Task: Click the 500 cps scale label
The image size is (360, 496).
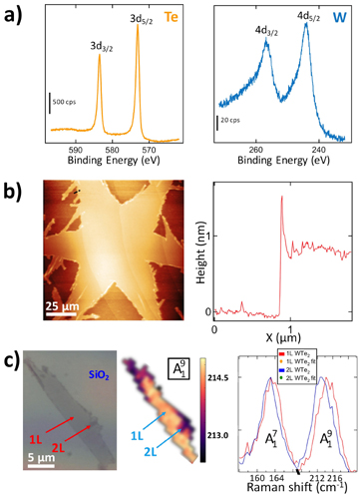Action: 72,103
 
